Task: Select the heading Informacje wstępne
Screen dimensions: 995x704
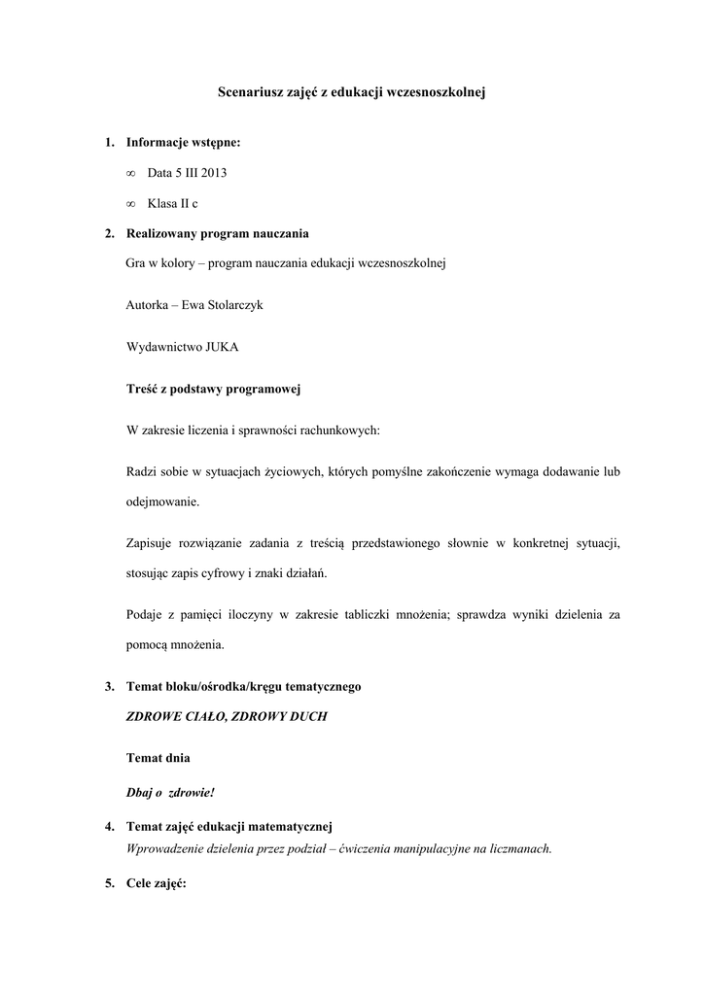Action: click(184, 143)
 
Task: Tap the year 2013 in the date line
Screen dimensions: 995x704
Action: click(215, 173)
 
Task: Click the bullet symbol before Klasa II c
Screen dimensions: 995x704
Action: click(130, 203)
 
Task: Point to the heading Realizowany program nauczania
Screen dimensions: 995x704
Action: click(218, 233)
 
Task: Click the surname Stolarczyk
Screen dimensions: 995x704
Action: click(229, 304)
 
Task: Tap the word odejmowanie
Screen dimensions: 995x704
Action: click(162, 501)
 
